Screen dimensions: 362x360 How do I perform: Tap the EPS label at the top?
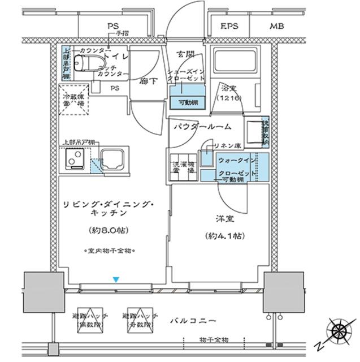pyautogui.click(x=229, y=27)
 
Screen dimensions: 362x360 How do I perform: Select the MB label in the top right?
pyautogui.click(x=276, y=27)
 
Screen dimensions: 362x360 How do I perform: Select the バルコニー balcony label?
pyautogui.click(x=192, y=321)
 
